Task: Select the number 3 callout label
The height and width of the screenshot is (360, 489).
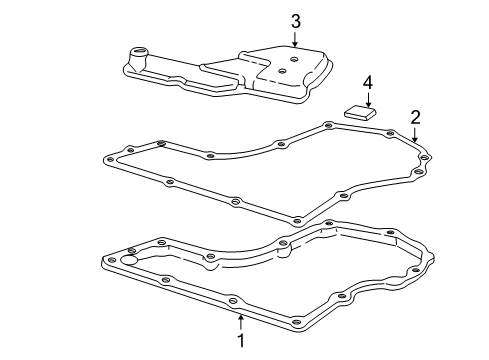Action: coord(295,20)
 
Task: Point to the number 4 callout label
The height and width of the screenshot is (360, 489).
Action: coord(367,80)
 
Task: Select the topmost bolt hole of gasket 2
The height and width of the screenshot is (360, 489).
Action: coord(328,125)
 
